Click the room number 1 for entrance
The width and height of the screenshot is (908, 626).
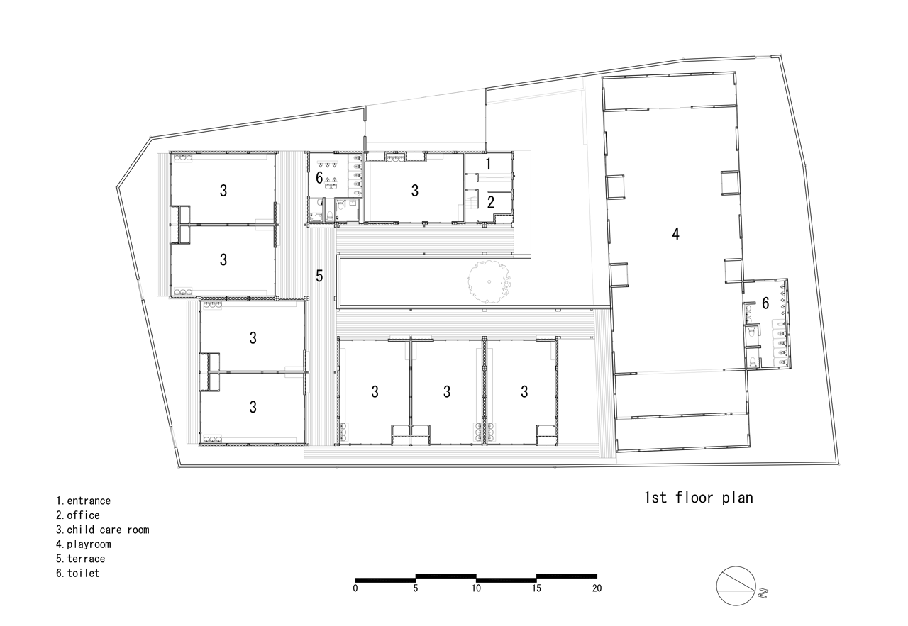pyautogui.click(x=489, y=164)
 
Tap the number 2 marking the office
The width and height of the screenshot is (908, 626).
pyautogui.click(x=490, y=202)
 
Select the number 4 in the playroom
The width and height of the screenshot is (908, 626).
pyautogui.click(x=675, y=233)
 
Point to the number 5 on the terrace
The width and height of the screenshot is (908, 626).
pyautogui.click(x=319, y=276)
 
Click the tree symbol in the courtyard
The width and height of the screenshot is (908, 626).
pyautogui.click(x=489, y=281)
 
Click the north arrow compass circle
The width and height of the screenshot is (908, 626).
pyautogui.click(x=736, y=586)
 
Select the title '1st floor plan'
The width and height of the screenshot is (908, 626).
pyautogui.click(x=699, y=498)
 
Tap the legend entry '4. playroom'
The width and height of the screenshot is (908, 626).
pyautogui.click(x=84, y=544)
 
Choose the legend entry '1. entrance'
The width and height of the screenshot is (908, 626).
pyautogui.click(x=84, y=501)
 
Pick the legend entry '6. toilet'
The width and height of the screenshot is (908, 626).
pyautogui.click(x=78, y=573)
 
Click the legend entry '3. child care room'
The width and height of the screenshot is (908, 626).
pyautogui.click(x=103, y=530)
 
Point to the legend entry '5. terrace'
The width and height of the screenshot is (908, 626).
pyautogui.click(x=81, y=559)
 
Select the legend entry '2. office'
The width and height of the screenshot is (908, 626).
pyautogui.click(x=78, y=515)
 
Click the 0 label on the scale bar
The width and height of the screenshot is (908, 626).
pyautogui.click(x=355, y=588)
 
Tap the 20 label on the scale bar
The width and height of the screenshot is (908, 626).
pyautogui.click(x=597, y=588)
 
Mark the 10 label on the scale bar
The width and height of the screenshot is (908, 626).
pyautogui.click(x=476, y=588)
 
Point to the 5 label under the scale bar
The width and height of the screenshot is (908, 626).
pyautogui.click(x=416, y=588)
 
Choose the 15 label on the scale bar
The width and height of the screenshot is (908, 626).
pyautogui.click(x=536, y=588)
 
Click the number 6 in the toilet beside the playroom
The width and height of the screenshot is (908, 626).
pyautogui.click(x=765, y=303)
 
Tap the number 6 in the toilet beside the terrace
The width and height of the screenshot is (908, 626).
pyautogui.click(x=319, y=177)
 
